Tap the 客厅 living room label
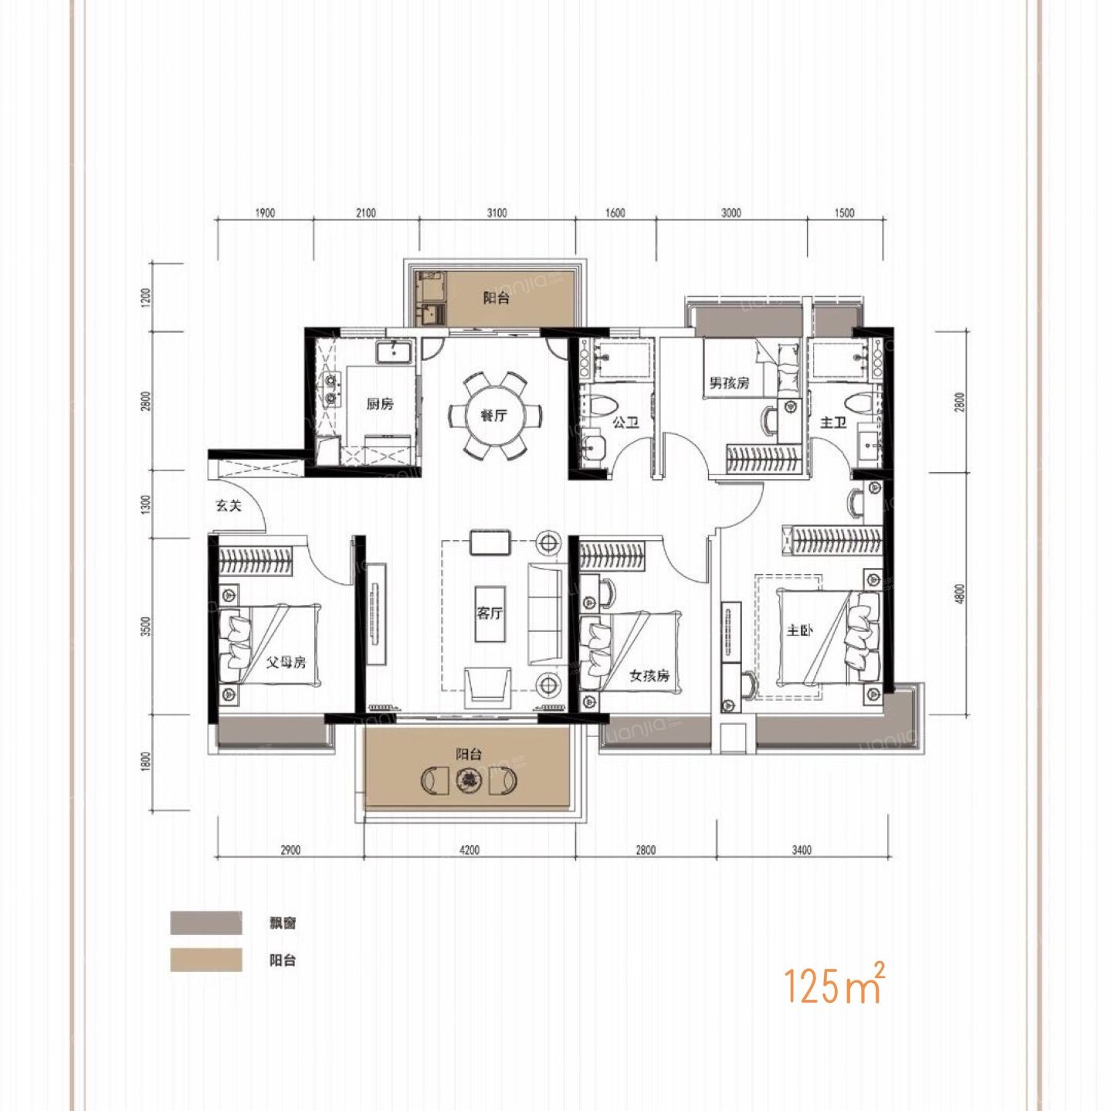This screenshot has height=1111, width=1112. pyautogui.click(x=490, y=613)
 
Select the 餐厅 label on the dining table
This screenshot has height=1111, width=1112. pyautogui.click(x=494, y=415)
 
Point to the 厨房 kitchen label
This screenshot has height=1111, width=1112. pyautogui.click(x=380, y=403)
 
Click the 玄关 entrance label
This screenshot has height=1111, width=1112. pyautogui.click(x=229, y=506)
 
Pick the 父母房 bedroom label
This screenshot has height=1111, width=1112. pyautogui.click(x=285, y=662)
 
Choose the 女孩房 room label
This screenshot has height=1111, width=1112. pyautogui.click(x=649, y=675)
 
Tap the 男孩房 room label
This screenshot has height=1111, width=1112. pyautogui.click(x=730, y=383)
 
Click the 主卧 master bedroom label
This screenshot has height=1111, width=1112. pyautogui.click(x=800, y=630)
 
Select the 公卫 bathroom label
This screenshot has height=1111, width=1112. pyautogui.click(x=625, y=423)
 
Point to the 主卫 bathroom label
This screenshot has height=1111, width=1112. pyautogui.click(x=833, y=423)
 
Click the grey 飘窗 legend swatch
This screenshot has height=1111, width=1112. pyautogui.click(x=206, y=923)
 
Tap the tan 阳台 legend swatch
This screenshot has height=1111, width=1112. pyautogui.click(x=206, y=960)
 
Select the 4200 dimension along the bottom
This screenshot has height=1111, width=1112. pyautogui.click(x=470, y=850)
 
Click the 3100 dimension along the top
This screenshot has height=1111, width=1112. pyautogui.click(x=497, y=213)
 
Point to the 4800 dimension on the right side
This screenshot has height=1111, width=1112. pyautogui.click(x=960, y=593)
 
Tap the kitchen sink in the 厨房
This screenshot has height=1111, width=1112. pyautogui.click(x=395, y=352)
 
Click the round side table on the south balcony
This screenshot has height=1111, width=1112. pyautogui.click(x=470, y=780)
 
